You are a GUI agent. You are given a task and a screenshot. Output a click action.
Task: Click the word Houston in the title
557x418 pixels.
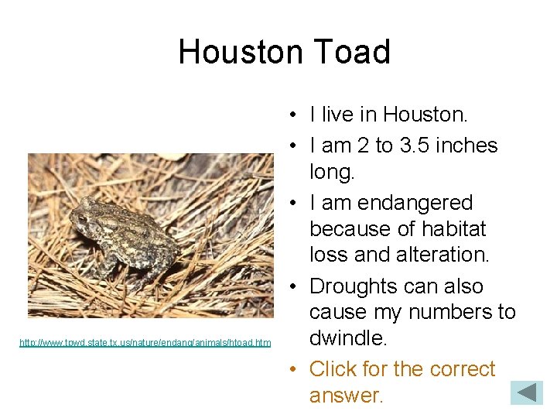click(241, 53)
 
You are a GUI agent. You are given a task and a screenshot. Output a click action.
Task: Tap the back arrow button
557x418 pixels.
click(527, 392)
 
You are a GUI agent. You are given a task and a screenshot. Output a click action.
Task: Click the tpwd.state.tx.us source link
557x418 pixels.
click(145, 342)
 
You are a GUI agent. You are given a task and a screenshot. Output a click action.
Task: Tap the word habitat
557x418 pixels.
click(453, 229)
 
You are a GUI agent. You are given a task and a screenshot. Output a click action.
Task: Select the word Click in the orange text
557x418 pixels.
click(334, 369)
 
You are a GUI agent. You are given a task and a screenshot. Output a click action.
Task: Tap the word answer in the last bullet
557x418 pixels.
click(346, 396)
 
